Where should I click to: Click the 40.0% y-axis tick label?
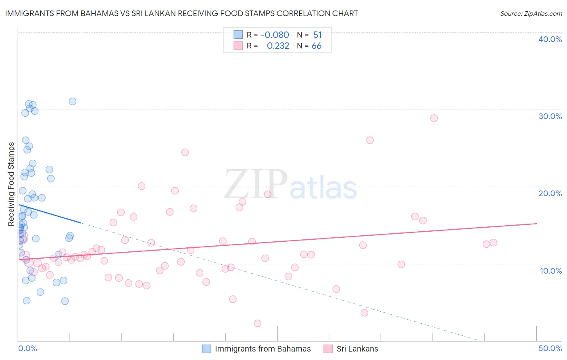pos(550,39)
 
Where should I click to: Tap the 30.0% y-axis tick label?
pos(550,116)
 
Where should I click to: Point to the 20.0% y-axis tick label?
pos(550,193)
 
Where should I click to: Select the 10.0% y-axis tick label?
pos(551,271)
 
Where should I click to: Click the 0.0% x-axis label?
pos(27,348)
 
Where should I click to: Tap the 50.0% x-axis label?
pos(550,348)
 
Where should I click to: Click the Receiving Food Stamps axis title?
pos(11,184)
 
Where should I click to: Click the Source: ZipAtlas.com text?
pos(531,13)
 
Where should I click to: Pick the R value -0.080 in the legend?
pos(275,35)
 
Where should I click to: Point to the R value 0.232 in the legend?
pos(278,46)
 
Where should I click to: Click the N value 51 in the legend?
pos(317,35)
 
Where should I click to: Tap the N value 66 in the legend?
pos(317,46)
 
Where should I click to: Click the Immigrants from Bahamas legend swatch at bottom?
pos(206,349)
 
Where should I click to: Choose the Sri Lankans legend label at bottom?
pos(357,349)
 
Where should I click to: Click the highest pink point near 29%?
pos(434,118)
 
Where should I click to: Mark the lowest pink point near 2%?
pos(258,323)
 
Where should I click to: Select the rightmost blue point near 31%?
pos(73,101)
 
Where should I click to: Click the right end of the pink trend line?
pos(537,223)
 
